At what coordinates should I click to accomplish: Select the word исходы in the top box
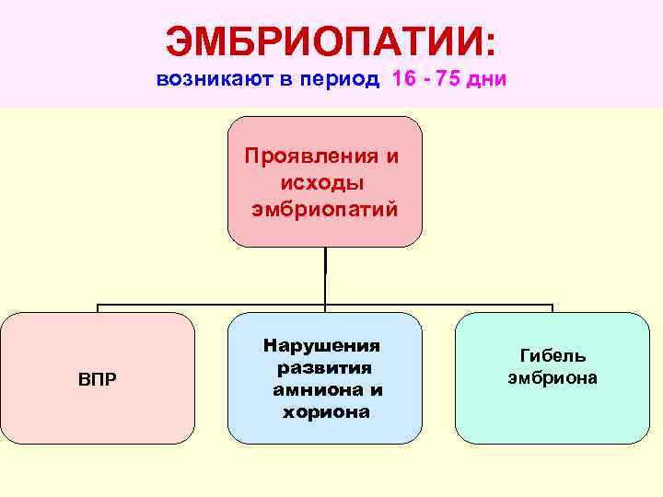pyautogui.click(x=324, y=182)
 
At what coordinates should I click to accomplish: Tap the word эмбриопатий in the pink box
pyautogui.click(x=324, y=209)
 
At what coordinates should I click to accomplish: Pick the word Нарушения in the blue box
pyautogui.click(x=321, y=346)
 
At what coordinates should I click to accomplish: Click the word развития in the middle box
pyautogui.click(x=323, y=368)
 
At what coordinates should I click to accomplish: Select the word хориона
pyautogui.click(x=325, y=411)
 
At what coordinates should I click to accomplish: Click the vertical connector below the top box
pyautogui.click(x=325, y=276)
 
